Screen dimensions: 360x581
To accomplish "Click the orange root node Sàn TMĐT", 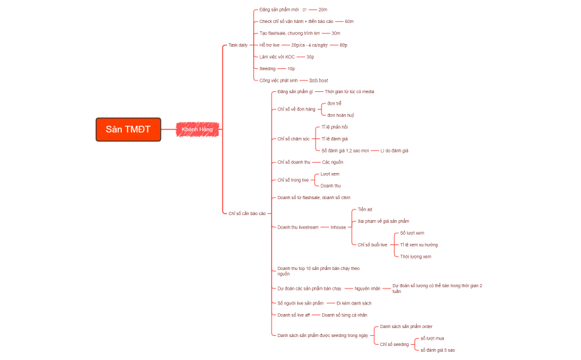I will pos(128,130).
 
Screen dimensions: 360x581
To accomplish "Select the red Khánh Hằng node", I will pos(197,130).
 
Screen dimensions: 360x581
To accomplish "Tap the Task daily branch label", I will pos(239,45).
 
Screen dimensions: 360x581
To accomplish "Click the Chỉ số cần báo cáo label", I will pos(247,213).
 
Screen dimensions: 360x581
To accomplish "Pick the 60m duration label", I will pos(349,22).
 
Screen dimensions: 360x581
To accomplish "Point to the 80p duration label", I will pos(343,45).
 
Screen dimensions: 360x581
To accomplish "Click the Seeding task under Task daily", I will pos(267,68).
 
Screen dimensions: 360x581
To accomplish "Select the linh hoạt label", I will pos(318,80).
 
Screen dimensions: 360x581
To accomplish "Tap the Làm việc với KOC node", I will pos(277,57).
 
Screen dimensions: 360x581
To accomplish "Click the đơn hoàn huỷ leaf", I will pos(341,115).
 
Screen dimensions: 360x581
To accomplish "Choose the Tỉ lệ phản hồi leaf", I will pos(335,127).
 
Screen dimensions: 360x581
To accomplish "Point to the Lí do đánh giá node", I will pos(394,151).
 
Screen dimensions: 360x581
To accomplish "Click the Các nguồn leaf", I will pos(332,162).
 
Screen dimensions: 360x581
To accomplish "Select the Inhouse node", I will pos(338,227).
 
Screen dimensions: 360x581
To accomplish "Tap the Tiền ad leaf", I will pos(365,209).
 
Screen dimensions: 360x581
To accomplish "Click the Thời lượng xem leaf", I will pos(415,257).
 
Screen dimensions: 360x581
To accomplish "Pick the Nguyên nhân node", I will pos(367,289).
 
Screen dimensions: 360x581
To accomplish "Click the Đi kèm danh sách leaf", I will pos(354,303).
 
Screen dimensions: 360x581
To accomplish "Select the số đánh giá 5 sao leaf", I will pos(438,350).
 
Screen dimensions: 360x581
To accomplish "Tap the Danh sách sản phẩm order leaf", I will pos(406,326).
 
